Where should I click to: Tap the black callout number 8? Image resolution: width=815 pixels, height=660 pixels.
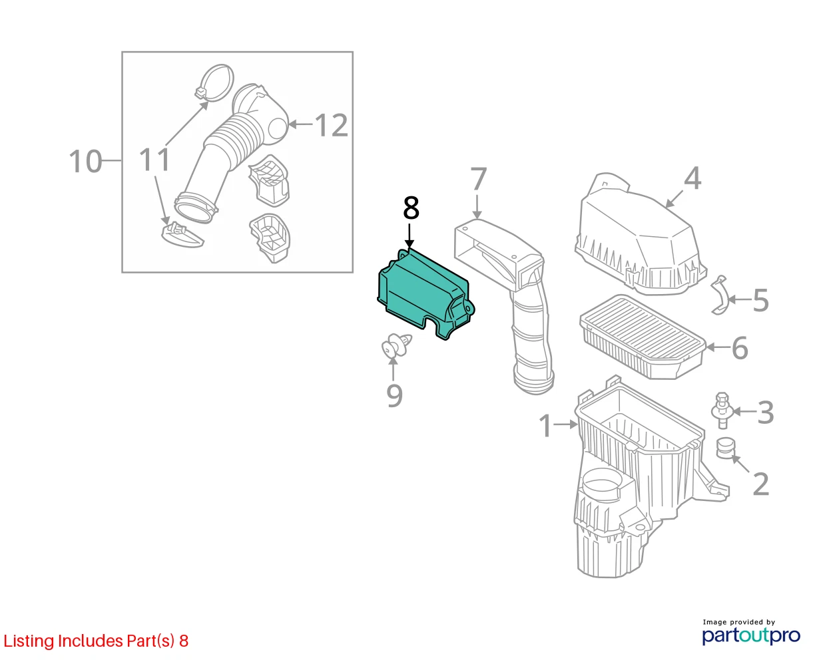click(411, 208)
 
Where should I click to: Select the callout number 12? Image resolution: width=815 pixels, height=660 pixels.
click(331, 125)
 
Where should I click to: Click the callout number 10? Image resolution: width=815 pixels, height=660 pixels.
click(86, 161)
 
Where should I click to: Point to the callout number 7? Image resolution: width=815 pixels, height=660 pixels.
click(478, 178)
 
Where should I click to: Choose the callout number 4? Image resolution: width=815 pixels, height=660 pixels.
click(692, 178)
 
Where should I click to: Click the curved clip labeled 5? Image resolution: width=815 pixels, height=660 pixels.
click(719, 295)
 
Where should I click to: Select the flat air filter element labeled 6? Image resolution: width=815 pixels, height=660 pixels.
click(643, 337)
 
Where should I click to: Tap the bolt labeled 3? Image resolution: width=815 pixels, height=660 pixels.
click(721, 411)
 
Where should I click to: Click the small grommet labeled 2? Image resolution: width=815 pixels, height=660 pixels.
click(725, 448)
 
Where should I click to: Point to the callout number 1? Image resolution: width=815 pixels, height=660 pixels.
click(545, 425)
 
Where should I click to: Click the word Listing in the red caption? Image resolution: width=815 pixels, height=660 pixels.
click(29, 641)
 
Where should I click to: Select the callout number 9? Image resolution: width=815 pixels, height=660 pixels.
click(394, 396)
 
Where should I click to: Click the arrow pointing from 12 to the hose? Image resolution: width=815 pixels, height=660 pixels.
click(300, 124)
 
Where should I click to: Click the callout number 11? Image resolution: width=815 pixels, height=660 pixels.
click(154, 160)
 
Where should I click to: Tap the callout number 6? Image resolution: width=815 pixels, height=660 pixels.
click(740, 348)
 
